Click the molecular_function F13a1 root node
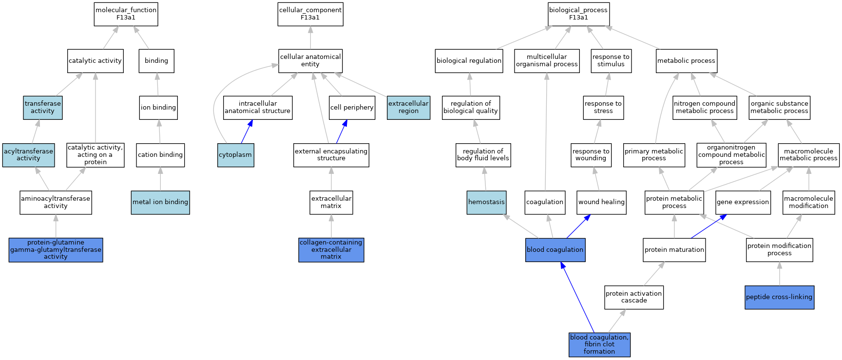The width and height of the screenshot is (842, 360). [x=126, y=14]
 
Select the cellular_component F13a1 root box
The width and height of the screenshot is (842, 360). [x=310, y=14]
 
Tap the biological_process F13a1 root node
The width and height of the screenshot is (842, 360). [x=578, y=14]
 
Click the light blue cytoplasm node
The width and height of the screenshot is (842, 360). [x=236, y=155]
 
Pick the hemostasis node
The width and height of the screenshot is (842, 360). [x=486, y=202]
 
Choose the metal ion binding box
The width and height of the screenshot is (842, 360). [x=160, y=202]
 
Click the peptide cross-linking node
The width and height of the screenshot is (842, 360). [x=779, y=297]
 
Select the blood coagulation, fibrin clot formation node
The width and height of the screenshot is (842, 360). [x=599, y=344]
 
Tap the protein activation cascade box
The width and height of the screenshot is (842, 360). [x=634, y=297]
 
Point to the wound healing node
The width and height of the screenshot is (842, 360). [x=601, y=202]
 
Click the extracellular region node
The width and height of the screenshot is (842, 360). [x=408, y=108]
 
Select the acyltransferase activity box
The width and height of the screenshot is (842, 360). [x=28, y=155]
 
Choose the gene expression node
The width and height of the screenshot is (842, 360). [x=743, y=202]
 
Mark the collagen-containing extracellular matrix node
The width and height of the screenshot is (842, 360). [x=331, y=250]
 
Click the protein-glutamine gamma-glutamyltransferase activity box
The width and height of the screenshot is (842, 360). [x=56, y=250]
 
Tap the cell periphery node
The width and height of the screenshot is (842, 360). [x=352, y=108]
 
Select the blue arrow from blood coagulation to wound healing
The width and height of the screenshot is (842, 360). [x=578, y=227]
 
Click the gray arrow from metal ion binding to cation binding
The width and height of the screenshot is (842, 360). [x=160, y=179]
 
